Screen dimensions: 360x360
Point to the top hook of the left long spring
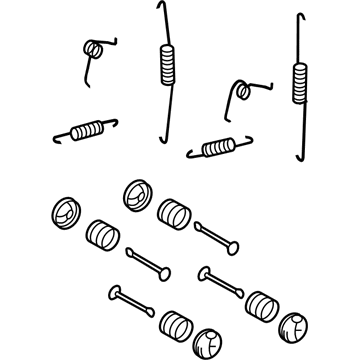click(163, 9)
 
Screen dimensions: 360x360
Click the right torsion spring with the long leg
click(240, 92)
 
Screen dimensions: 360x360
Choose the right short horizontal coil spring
click(219, 146)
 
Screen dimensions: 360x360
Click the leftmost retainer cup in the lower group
click(63, 212)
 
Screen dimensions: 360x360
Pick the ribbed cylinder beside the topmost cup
click(173, 215)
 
